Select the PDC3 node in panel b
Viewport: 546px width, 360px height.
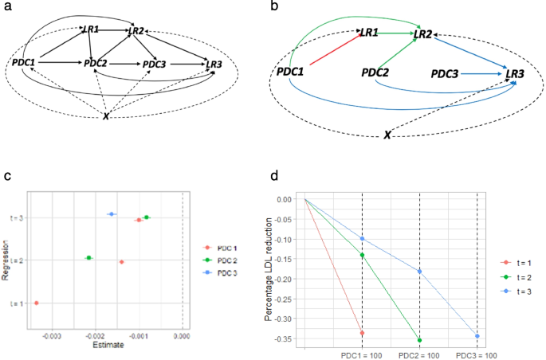[x=445, y=73]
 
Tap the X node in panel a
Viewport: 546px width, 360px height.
[x=107, y=116]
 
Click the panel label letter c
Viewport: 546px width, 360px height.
[x=6, y=177]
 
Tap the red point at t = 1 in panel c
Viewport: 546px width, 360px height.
[x=36, y=303]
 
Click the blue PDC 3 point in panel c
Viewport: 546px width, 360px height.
[x=112, y=214]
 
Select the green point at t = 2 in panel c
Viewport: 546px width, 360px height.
[x=88, y=257]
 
